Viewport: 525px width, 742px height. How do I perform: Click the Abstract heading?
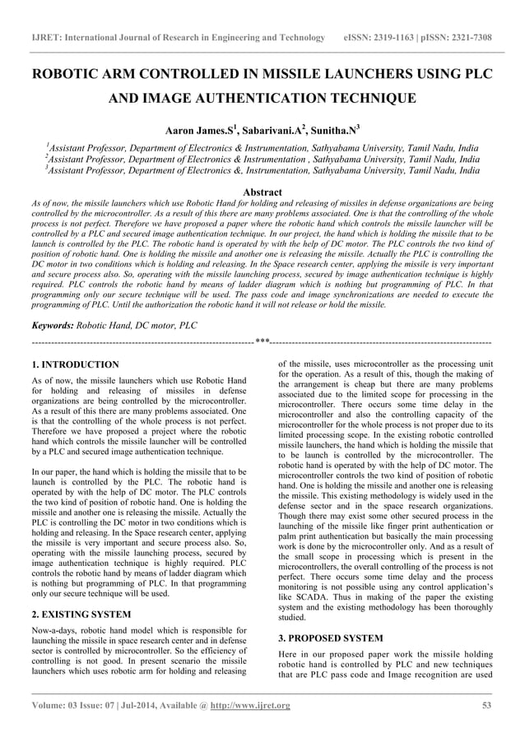pos(262,192)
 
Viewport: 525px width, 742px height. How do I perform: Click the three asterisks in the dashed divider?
pos(262,341)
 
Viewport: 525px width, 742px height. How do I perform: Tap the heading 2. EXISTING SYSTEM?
pos(81,613)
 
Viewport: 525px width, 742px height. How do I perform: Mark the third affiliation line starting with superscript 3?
pos(262,171)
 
